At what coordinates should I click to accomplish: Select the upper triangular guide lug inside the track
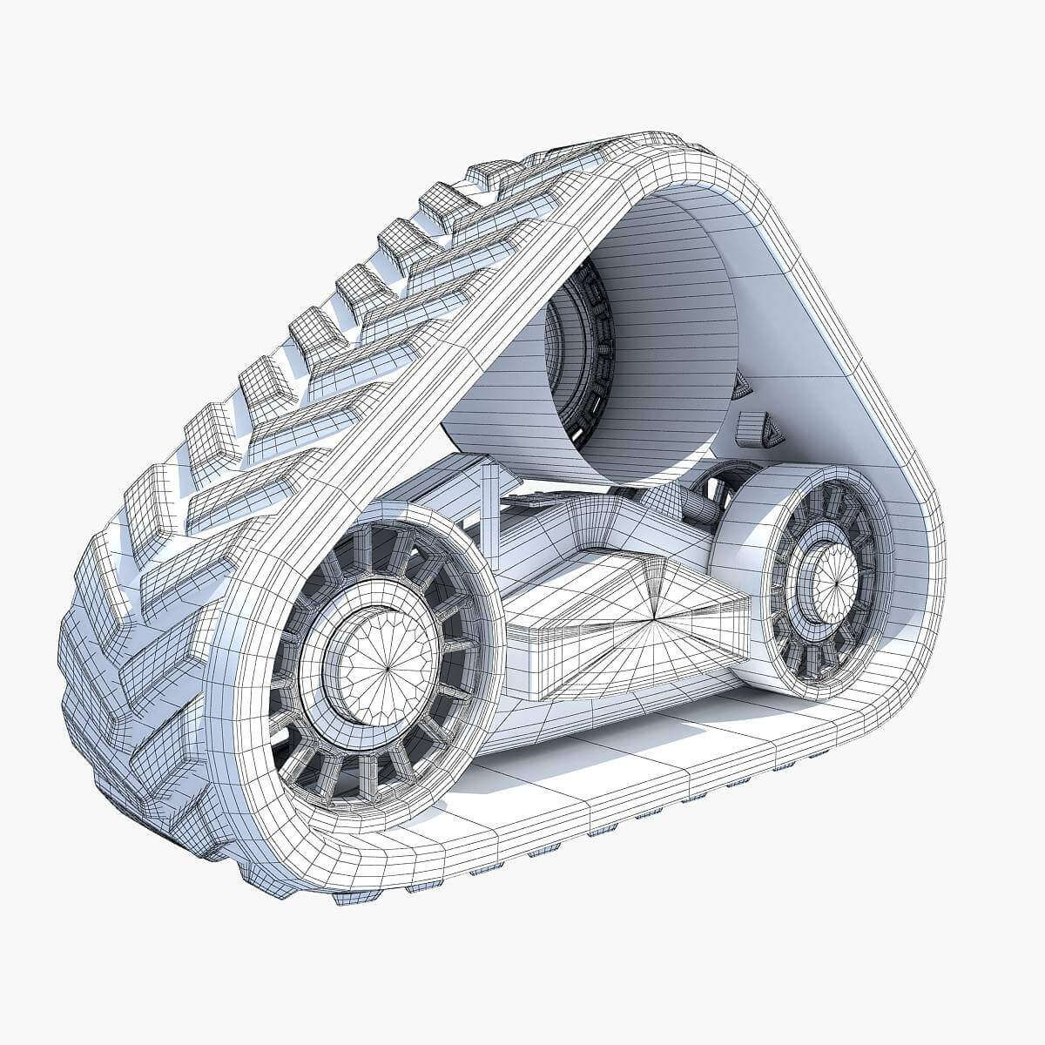(741, 384)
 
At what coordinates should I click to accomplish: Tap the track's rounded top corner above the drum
(697, 157)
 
